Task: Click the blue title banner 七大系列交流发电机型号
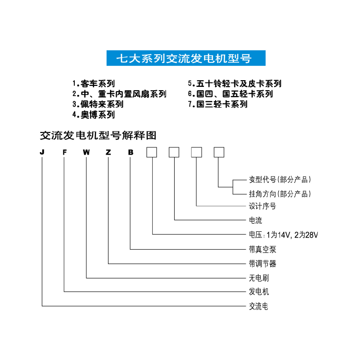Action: [186, 58]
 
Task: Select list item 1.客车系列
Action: [94, 84]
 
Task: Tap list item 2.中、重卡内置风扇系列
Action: [119, 94]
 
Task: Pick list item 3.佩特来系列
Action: [98, 104]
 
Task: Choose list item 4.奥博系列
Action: [94, 115]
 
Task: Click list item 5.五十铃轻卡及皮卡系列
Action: [235, 84]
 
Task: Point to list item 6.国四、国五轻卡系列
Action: [230, 94]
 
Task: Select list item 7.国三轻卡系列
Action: [217, 104]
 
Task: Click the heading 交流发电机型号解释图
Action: [98, 135]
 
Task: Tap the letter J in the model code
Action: [42, 152]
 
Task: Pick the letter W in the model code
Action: [86, 152]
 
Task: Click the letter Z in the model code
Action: [108, 152]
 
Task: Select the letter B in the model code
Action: [131, 152]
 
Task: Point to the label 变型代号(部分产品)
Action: [280, 180]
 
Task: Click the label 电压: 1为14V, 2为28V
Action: [283, 235]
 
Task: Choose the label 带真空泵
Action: [263, 249]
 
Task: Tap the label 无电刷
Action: [259, 278]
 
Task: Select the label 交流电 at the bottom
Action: [259, 306]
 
